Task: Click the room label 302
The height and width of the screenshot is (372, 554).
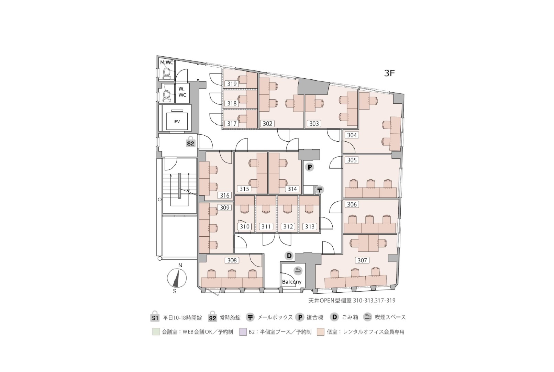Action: click(x=267, y=124)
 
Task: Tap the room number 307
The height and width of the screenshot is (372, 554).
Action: click(x=362, y=260)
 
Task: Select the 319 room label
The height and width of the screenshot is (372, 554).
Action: click(x=232, y=83)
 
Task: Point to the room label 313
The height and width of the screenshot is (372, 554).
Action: click(x=310, y=226)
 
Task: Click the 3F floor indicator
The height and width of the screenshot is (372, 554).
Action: click(x=389, y=73)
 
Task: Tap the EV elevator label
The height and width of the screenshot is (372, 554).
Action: click(x=177, y=122)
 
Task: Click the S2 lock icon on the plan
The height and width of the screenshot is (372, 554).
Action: click(x=190, y=142)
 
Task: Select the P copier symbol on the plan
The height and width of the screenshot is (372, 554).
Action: click(x=309, y=167)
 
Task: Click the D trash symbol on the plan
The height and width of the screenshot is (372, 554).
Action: click(x=289, y=256)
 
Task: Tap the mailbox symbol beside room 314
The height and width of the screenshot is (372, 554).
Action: click(x=320, y=190)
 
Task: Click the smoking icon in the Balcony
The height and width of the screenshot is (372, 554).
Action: click(x=298, y=270)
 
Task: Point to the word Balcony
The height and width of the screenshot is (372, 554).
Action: click(x=292, y=282)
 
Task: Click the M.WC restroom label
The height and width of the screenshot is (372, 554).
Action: click(x=167, y=63)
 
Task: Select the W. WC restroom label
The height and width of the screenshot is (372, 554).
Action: click(x=182, y=92)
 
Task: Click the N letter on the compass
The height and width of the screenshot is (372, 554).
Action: click(x=180, y=265)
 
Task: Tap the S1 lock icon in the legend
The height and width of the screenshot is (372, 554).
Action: click(x=155, y=317)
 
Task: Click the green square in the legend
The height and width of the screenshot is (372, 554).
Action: click(x=156, y=332)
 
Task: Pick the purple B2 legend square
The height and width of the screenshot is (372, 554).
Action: click(x=243, y=332)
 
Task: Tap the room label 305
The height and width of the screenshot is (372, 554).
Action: click(x=352, y=160)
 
